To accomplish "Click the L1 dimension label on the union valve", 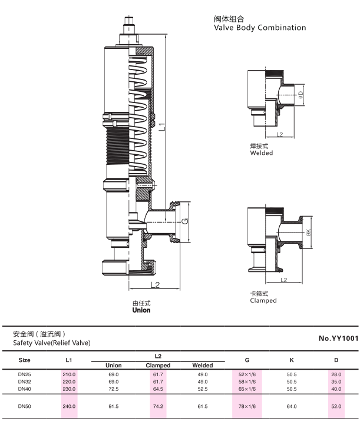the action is tap(163, 127).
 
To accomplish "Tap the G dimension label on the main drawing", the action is tap(185, 221).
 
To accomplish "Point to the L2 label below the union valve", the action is tap(155, 285).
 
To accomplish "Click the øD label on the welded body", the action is tap(300, 95).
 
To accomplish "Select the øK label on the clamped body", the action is tap(309, 232).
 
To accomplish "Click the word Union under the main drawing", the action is tap(141, 310).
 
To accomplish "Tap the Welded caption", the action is tap(262, 153).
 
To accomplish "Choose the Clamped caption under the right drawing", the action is tap(263, 301).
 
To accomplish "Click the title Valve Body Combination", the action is tap(260, 28).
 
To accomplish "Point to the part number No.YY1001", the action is tap(338, 339).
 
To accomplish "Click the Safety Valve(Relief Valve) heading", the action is tap(52, 343).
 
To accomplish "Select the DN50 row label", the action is tap(24, 406).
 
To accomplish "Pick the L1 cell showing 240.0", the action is tap(69, 406).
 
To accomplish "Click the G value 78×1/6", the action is tap(247, 406).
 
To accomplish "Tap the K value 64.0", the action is tap(292, 406).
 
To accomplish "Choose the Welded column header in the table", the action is tap(203, 366).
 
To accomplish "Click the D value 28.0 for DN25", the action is tap(336, 374).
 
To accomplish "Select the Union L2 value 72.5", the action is tap(114, 389).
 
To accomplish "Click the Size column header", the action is tap(24, 360).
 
